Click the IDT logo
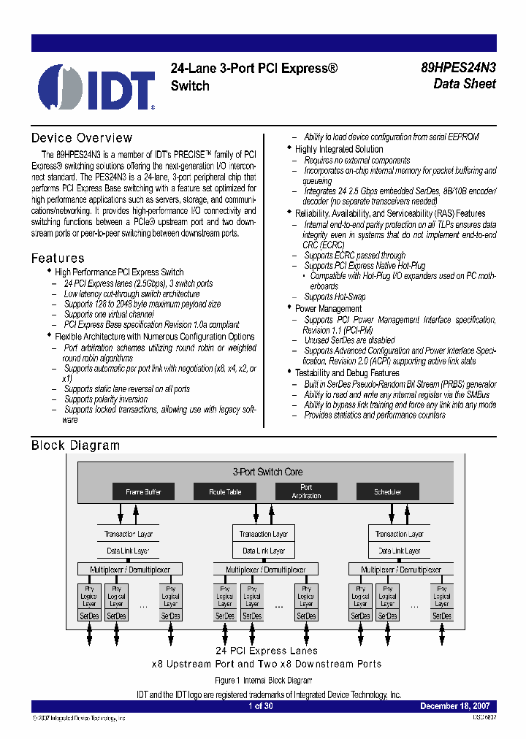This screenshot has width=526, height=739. (96, 86)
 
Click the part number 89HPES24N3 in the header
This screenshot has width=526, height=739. (458, 68)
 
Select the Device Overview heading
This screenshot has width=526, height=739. (82, 138)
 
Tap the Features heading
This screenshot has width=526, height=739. (58, 259)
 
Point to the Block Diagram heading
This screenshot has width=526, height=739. (75, 445)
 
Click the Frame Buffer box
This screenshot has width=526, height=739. (143, 492)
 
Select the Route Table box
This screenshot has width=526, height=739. (225, 492)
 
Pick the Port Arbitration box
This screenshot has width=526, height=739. (306, 491)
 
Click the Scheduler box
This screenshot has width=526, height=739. (388, 492)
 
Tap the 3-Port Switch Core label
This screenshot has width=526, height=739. (267, 472)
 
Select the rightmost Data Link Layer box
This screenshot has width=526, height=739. (397, 551)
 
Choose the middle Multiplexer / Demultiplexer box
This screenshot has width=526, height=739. (264, 570)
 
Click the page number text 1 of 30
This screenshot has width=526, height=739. (261, 706)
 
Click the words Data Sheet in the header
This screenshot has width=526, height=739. (464, 84)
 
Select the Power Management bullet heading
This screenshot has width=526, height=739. (328, 309)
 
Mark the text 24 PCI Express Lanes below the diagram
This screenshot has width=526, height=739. (267, 651)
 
